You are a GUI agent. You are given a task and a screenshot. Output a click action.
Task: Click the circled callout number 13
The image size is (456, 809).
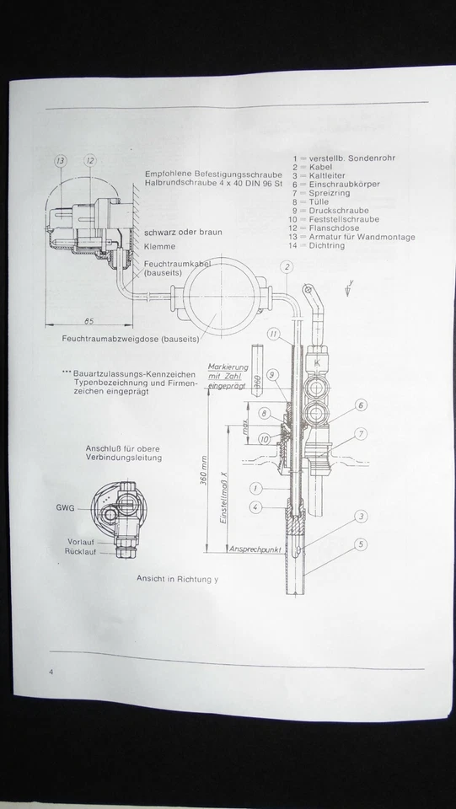pos(61,160)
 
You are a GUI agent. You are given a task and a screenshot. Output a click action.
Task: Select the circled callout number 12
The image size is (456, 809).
pos(90,160)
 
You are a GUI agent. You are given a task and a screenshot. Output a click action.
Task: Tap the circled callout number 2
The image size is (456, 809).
pos(287,268)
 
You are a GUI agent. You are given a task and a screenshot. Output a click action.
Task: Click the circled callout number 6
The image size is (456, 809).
pos(360,405)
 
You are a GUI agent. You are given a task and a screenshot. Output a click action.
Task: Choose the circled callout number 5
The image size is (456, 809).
pos(360,544)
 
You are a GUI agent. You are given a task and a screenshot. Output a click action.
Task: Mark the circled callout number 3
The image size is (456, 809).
pos(360,516)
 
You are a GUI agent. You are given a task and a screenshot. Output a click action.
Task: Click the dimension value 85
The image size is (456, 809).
pos(89,321)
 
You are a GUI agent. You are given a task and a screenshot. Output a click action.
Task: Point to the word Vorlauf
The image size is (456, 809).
pos(82,541)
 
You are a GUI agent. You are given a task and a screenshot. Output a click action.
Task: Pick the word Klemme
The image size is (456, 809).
pos(159,247)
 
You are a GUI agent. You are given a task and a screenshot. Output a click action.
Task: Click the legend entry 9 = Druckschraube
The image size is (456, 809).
pos(335,211)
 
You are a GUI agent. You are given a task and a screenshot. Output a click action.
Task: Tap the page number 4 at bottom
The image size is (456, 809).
pos(51,672)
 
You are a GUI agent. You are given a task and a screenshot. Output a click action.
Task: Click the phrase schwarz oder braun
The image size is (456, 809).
pos(183,231)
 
